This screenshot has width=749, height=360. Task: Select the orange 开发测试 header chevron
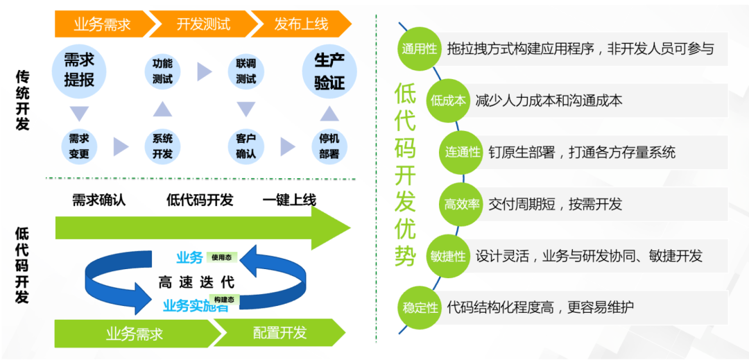tap(203, 24)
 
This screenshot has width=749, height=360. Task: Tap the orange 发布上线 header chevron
tap(301, 24)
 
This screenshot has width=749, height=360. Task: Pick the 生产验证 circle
tap(329, 71)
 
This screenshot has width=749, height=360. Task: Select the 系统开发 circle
tap(162, 146)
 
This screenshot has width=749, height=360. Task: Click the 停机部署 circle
tap(329, 146)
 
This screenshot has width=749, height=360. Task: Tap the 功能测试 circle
tap(162, 71)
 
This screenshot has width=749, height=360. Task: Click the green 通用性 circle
tap(420, 49)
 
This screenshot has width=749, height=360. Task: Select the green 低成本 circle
tap(448, 101)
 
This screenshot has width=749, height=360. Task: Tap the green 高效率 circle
tap(462, 204)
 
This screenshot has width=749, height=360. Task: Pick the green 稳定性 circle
tap(420, 307)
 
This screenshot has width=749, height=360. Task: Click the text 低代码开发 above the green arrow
tap(200, 200)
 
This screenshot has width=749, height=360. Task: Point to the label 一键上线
tap(289, 200)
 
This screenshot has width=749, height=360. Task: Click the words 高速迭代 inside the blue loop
tap(196, 282)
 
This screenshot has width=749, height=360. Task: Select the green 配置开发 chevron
tap(280, 333)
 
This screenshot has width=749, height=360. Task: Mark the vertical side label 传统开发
tap(22, 101)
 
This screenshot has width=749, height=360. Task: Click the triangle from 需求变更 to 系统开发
tap(121, 146)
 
